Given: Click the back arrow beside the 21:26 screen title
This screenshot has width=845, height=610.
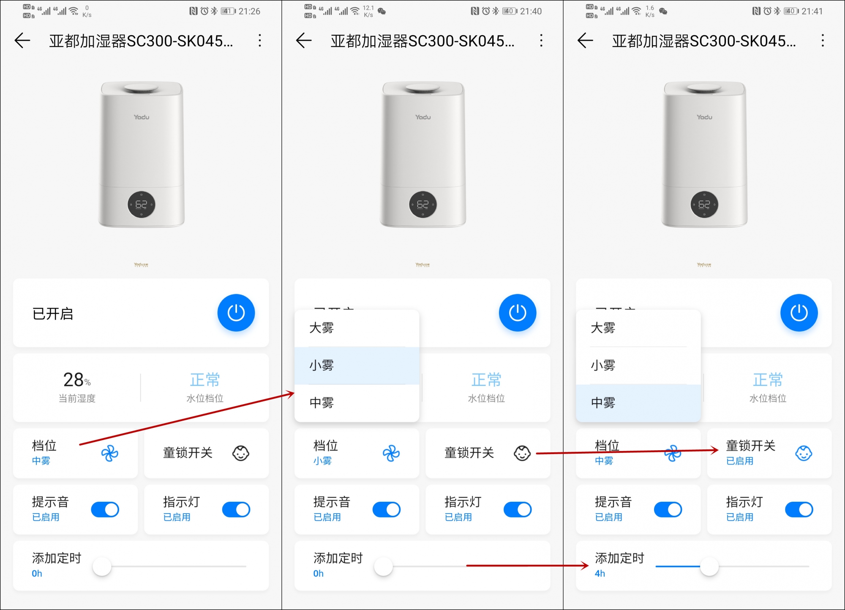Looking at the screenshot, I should [x=22, y=41].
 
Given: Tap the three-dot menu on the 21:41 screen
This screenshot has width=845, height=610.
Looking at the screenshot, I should [x=822, y=41].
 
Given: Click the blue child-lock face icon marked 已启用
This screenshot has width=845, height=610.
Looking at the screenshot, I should [x=803, y=453].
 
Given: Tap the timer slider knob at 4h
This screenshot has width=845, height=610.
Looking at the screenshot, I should [x=709, y=566].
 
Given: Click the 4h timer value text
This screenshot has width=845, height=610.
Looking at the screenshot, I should [x=600, y=574].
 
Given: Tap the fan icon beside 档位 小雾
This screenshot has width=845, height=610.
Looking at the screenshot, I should [x=391, y=454].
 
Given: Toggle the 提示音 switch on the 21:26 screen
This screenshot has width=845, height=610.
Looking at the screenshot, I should [x=105, y=510].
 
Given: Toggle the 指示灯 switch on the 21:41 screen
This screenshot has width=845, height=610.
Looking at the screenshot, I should [x=799, y=510].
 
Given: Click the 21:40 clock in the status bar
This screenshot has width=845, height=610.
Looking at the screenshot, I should [x=531, y=11].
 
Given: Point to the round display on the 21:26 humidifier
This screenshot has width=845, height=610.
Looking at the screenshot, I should [x=141, y=205].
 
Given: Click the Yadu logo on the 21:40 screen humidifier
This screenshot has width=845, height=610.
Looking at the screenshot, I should [x=423, y=117].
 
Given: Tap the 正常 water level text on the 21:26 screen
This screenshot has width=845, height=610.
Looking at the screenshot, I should [x=205, y=380].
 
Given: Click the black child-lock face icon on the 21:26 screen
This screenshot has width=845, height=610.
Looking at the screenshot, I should [x=241, y=453].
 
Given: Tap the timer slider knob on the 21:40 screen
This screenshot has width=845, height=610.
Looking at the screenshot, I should [x=384, y=566].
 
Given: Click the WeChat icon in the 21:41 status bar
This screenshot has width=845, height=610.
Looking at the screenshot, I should [x=663, y=11].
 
